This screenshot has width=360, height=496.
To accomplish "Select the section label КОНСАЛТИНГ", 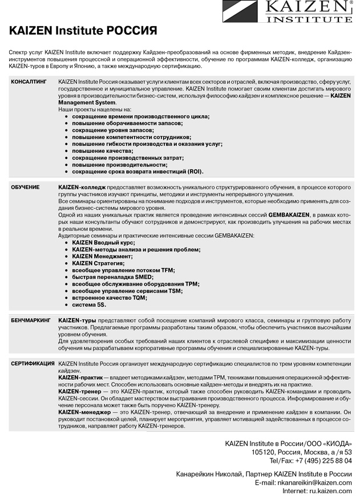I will pos(28,83).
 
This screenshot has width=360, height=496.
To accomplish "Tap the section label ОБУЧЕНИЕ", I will pos(25,187).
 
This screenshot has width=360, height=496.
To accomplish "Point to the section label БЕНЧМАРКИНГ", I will pos(31,321).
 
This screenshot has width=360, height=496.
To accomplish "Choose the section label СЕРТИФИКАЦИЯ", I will pos(33,363).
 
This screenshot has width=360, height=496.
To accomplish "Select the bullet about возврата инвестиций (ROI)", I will pos(137,171).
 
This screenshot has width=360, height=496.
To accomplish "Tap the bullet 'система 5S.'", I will pos(89,304).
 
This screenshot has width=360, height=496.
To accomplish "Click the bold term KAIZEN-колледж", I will pos(82,187).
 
